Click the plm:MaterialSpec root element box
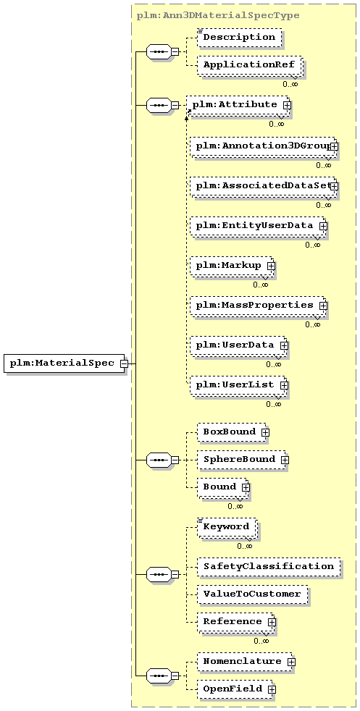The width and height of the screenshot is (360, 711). tap(64, 363)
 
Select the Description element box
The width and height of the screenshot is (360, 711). tap(239, 37)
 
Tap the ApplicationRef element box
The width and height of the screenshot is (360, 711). tap(250, 65)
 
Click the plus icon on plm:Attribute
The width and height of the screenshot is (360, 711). tap(287, 105)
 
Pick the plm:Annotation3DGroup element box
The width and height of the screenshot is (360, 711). tap(262, 146)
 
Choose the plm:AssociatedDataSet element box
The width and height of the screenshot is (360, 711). tap(262, 186)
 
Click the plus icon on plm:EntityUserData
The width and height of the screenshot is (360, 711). tap(323, 225)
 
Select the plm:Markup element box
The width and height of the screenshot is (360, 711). tap(232, 266)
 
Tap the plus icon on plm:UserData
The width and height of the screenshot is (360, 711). tap(284, 345)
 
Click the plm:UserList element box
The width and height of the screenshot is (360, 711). tap(238, 385)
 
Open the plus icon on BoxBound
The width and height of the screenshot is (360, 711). tap(265, 432)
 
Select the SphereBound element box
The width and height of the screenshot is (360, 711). tap(242, 459)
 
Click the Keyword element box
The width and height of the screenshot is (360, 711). tap(227, 527)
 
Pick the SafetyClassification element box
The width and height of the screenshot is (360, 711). tap(269, 567)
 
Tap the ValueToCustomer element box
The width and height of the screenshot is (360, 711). tap(252, 594)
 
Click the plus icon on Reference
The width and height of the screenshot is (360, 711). tap(272, 622)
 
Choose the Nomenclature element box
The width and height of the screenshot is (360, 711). tap(245, 662)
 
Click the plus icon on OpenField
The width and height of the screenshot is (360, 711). tap(272, 689)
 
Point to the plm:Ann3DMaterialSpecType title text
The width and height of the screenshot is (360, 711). tap(218, 15)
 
